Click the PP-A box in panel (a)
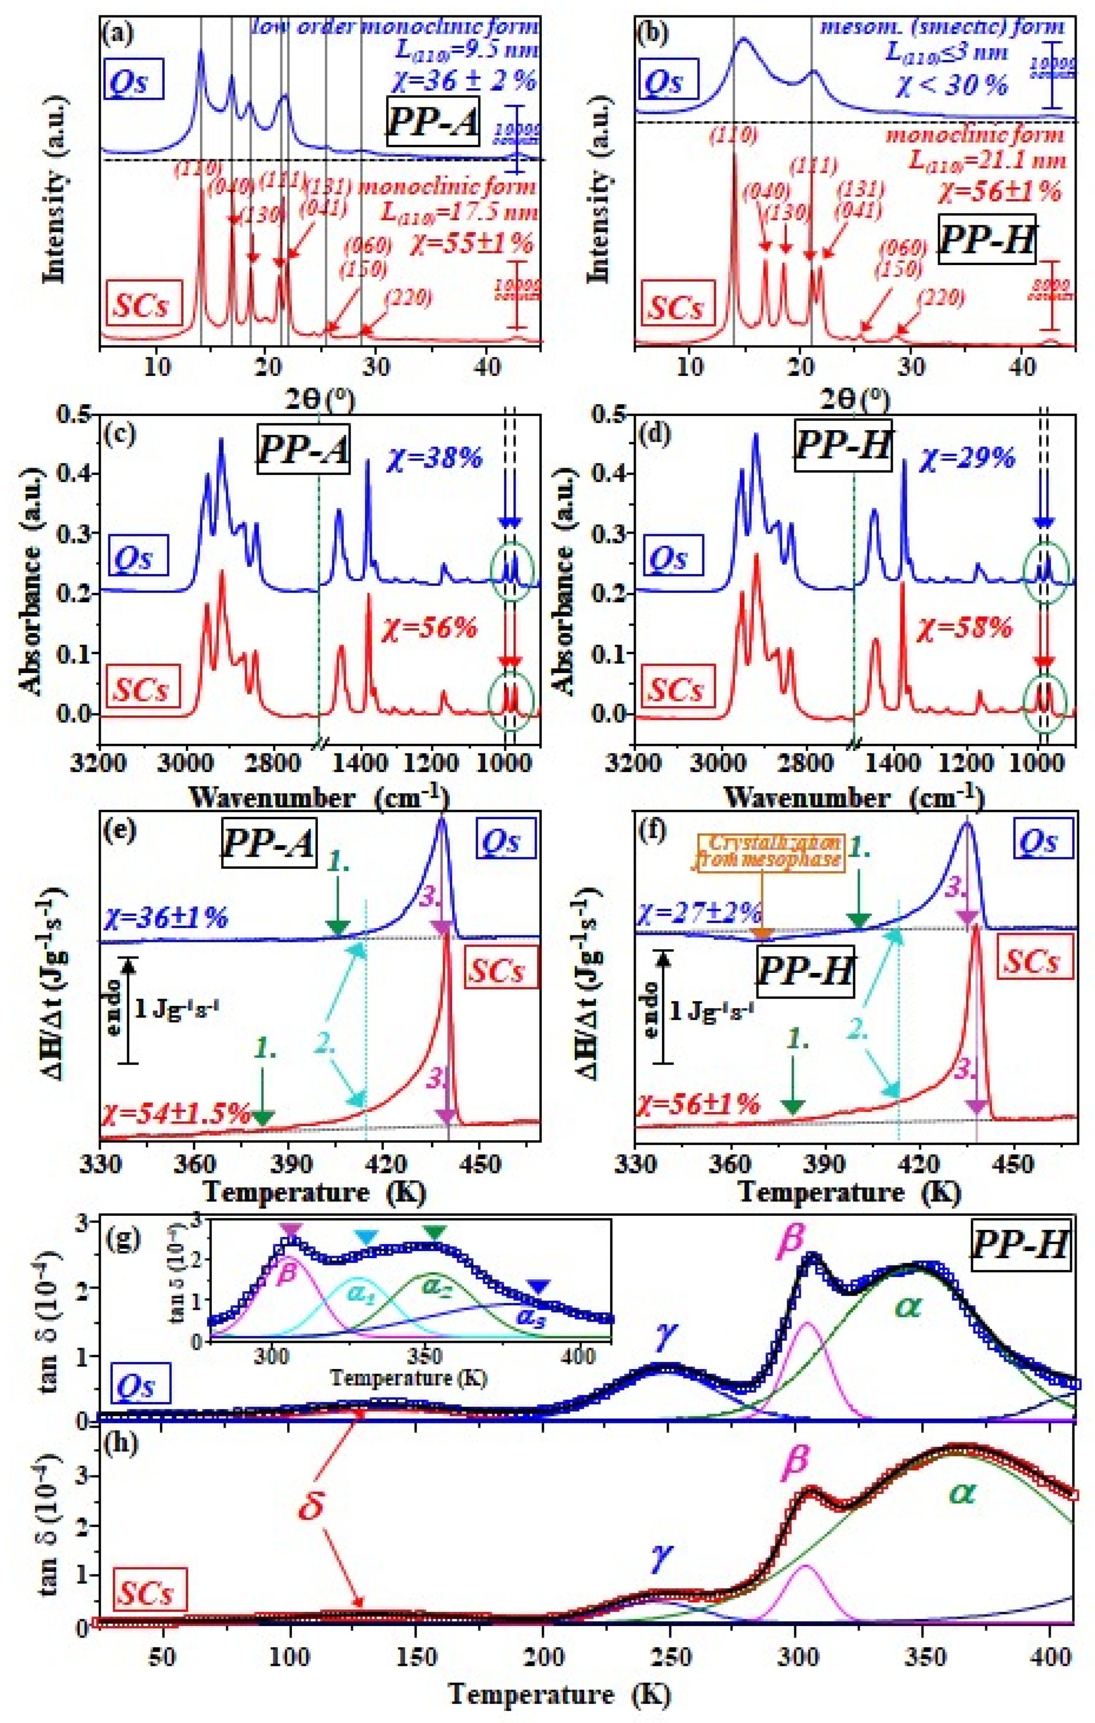click(432, 122)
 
